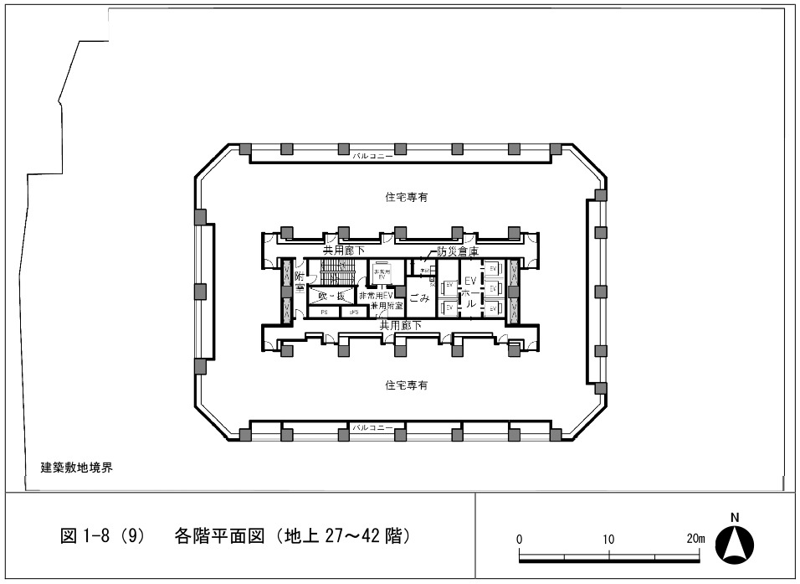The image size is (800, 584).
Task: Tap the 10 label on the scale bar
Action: point(608,539)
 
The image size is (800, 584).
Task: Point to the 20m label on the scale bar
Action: point(694,539)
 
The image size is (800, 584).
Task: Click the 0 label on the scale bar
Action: point(520,539)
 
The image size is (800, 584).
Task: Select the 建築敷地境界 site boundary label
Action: point(77,468)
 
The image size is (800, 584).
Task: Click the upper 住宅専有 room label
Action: point(407,197)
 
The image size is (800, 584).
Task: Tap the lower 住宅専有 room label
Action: point(407,385)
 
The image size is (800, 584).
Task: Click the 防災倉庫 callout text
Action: point(458,251)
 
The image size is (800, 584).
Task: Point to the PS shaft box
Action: point(324,312)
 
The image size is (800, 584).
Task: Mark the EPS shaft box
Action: point(354,312)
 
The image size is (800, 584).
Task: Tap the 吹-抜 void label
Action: point(331,296)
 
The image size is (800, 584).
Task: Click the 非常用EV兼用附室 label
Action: point(381,301)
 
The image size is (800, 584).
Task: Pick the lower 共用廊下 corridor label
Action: point(400,324)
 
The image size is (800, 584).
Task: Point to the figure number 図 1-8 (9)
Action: point(104,535)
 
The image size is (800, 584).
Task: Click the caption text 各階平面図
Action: point(218,535)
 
